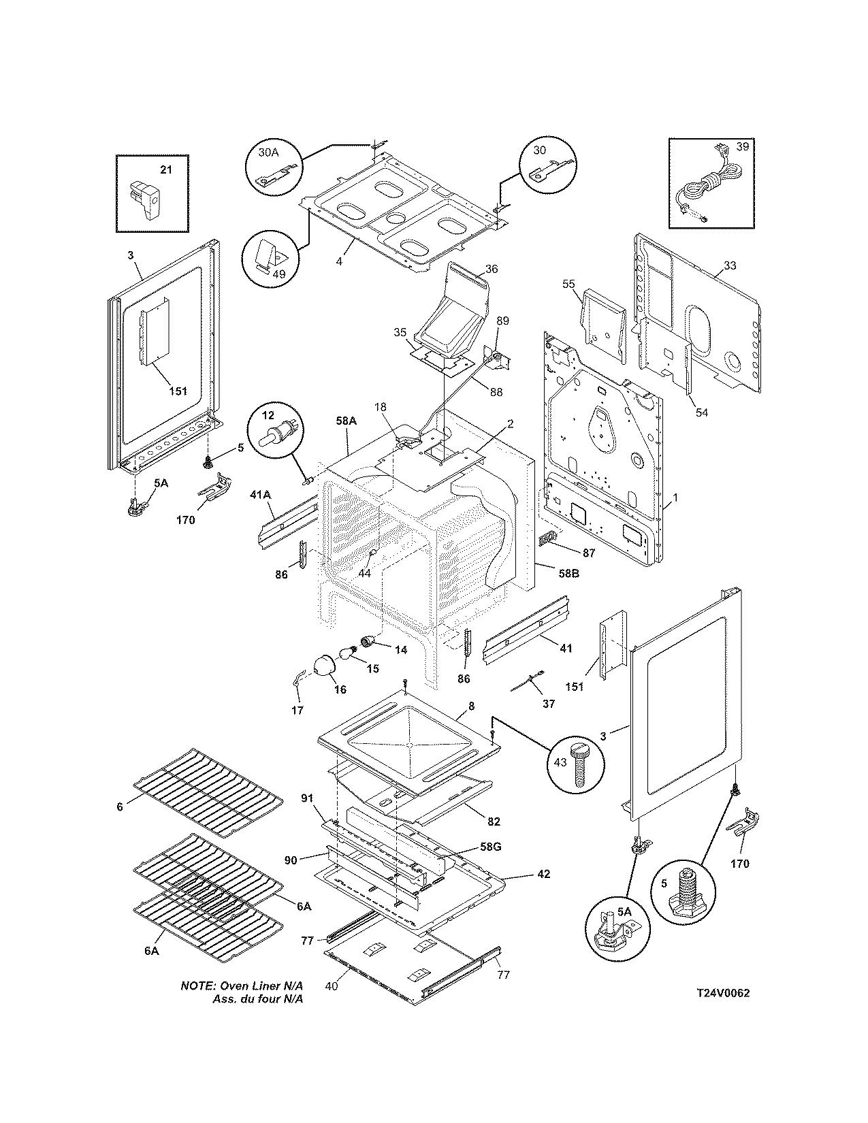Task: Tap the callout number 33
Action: (x=730, y=265)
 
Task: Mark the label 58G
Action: (x=490, y=847)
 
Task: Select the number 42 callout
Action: (x=543, y=874)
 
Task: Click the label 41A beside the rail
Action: (x=261, y=495)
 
